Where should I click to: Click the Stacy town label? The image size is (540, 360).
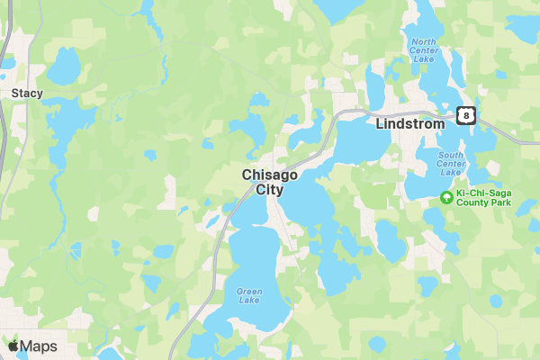point(27,92)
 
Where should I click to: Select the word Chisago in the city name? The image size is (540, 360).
point(270,175)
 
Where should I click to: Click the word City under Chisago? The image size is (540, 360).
point(270,190)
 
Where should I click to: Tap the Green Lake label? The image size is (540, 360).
point(249,297)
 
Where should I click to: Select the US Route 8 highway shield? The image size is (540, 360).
point(464,114)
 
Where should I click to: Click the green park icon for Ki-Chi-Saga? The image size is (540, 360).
point(446,197)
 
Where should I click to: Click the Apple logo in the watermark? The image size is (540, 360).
point(13,346)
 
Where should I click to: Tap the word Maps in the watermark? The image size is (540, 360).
point(39,346)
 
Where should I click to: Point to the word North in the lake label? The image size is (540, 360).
point(423,41)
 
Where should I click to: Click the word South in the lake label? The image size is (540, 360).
point(452,155)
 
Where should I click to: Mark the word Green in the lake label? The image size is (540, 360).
point(249,291)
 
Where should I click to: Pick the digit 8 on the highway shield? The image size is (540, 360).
point(464,114)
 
